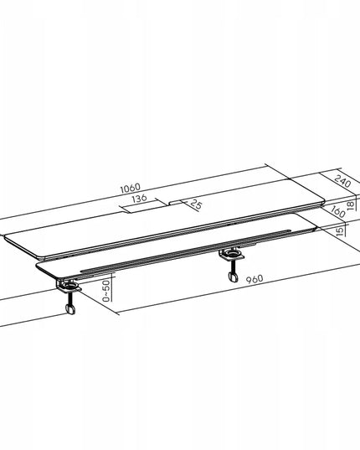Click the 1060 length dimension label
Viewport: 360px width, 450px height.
(x=131, y=188)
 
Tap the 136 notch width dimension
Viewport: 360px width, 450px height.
(x=139, y=199)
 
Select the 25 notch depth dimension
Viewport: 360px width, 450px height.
(x=196, y=204)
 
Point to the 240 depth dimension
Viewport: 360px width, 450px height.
(x=342, y=181)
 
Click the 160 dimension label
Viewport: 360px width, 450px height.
(x=337, y=211)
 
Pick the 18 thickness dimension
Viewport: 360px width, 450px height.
(x=351, y=205)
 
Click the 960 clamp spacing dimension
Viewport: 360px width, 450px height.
(x=255, y=279)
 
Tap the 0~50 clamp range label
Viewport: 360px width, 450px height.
(x=106, y=291)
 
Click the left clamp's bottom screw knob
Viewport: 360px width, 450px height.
(x=70, y=309)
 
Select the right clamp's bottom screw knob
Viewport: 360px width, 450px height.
(x=234, y=277)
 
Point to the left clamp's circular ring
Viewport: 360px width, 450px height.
(x=70, y=286)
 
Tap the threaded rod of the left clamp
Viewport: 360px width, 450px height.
(x=69, y=298)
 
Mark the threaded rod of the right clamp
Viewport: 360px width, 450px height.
(x=232, y=266)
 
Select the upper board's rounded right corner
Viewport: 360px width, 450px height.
(x=321, y=201)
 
